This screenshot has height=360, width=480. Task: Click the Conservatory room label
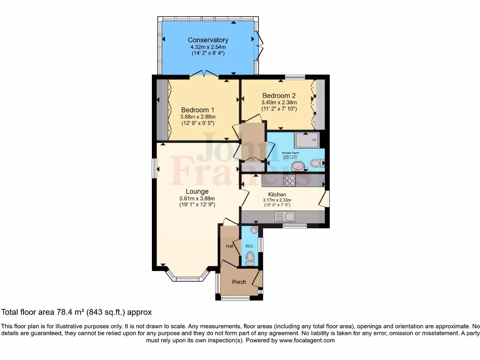click(x=208, y=40)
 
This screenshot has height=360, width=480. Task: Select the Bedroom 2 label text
click(x=279, y=95)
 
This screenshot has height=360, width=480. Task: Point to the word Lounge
click(x=197, y=191)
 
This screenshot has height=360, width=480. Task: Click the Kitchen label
click(x=277, y=195)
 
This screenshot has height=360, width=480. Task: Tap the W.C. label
click(x=249, y=246)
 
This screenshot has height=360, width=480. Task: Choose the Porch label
click(x=239, y=282)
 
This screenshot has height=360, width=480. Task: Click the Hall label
click(x=230, y=245)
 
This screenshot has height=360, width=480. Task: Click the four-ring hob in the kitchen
click(x=289, y=180)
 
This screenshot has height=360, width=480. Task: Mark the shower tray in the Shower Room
click(x=307, y=140)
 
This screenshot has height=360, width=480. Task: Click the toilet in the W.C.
click(x=250, y=258)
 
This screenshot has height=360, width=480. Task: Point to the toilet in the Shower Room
click(x=317, y=163)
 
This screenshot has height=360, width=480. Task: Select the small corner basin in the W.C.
click(x=254, y=230)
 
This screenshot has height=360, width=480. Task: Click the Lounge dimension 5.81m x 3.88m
click(x=197, y=198)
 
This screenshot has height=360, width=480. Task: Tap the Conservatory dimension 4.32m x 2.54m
click(x=208, y=47)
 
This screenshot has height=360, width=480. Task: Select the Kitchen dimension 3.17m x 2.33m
click(x=277, y=200)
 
